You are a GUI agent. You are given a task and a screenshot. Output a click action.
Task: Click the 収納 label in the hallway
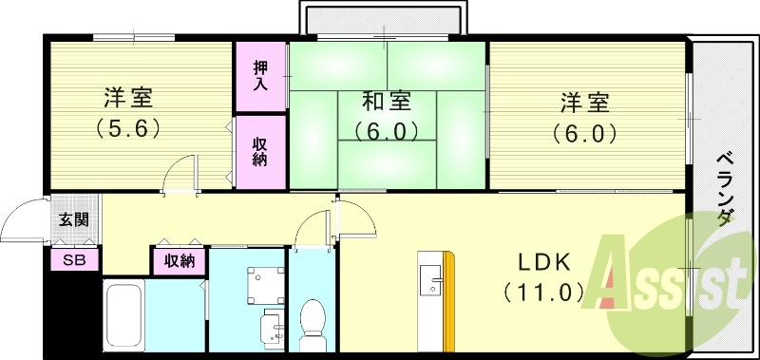[180, 259]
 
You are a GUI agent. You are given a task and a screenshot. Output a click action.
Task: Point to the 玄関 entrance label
[73, 220]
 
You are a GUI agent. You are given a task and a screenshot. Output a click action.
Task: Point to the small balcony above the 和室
[385, 19]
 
